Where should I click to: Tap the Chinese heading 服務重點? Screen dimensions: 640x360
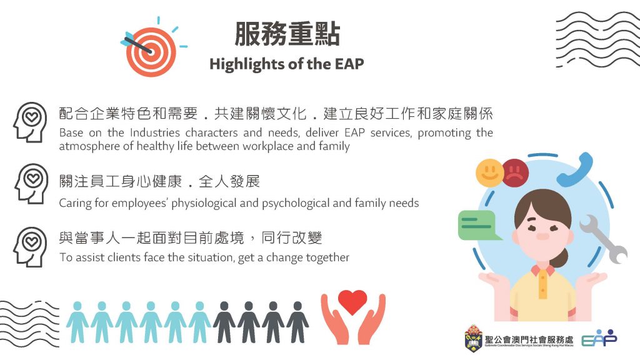point(287,34)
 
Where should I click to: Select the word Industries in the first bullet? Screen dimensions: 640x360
point(155,132)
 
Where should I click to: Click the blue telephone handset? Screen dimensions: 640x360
point(576,171)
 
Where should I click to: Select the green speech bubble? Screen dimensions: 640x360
point(478,225)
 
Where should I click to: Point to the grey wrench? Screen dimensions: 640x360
point(603,238)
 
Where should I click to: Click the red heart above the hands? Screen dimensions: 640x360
point(352,301)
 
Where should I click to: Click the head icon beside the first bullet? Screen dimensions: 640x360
point(30,122)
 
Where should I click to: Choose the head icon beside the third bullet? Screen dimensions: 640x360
point(30,247)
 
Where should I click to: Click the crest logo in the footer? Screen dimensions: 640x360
point(473,338)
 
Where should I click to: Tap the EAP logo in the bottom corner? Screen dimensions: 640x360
point(599,338)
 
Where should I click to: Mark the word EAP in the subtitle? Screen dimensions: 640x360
point(349,64)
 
